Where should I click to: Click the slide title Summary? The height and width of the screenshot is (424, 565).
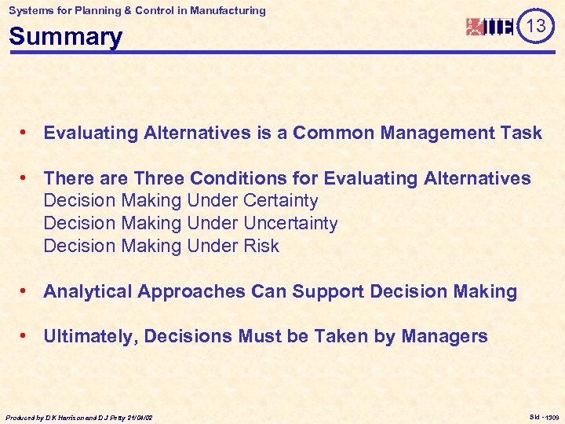[x=66, y=37]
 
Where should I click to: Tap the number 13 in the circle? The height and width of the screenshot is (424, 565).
[x=536, y=26]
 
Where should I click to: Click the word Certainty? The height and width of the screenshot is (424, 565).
[x=281, y=201]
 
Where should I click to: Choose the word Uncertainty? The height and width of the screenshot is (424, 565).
[x=290, y=223]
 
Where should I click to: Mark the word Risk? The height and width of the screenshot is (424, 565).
[x=261, y=246]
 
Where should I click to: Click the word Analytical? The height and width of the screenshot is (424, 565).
[x=87, y=291]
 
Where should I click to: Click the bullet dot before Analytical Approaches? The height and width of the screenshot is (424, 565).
[x=27, y=291]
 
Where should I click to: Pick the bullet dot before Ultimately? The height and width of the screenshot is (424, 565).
[x=27, y=336]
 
